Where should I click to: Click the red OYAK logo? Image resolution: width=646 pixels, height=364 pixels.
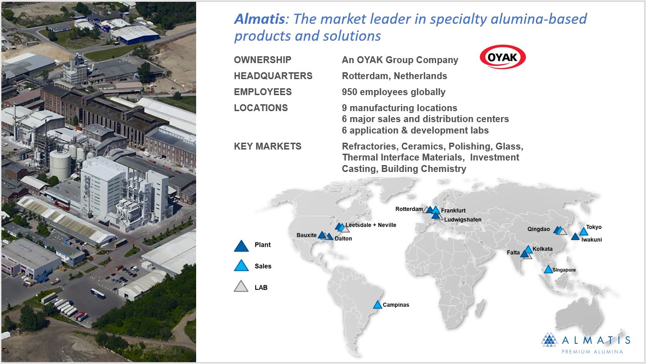tap(502, 57)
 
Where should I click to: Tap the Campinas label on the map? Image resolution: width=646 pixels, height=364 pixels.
tap(395, 305)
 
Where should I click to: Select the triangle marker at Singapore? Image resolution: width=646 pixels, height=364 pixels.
tap(548, 269)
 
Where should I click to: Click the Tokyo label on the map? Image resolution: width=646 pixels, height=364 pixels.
tap(594, 227)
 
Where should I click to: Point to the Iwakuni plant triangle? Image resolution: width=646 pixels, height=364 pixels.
tap(575, 236)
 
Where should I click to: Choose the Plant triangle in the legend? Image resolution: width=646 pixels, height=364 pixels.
tap(241, 246)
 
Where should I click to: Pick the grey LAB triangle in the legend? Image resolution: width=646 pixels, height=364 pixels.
tap(241, 286)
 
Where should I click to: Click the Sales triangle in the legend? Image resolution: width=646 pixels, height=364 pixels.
tap(241, 265)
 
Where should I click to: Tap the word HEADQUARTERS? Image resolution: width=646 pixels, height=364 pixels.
tap(273, 76)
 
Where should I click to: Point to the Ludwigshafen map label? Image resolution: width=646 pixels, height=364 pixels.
tap(463, 219)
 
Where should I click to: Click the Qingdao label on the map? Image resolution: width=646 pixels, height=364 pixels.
tap(539, 229)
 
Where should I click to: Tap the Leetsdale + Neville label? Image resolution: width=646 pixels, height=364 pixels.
tap(371, 225)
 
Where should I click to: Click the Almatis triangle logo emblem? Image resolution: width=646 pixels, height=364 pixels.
tap(549, 339)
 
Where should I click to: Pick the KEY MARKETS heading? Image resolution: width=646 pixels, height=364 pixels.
tap(267, 146)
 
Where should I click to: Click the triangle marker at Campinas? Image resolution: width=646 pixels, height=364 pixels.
tap(378, 305)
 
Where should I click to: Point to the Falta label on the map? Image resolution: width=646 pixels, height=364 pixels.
tap(513, 252)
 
